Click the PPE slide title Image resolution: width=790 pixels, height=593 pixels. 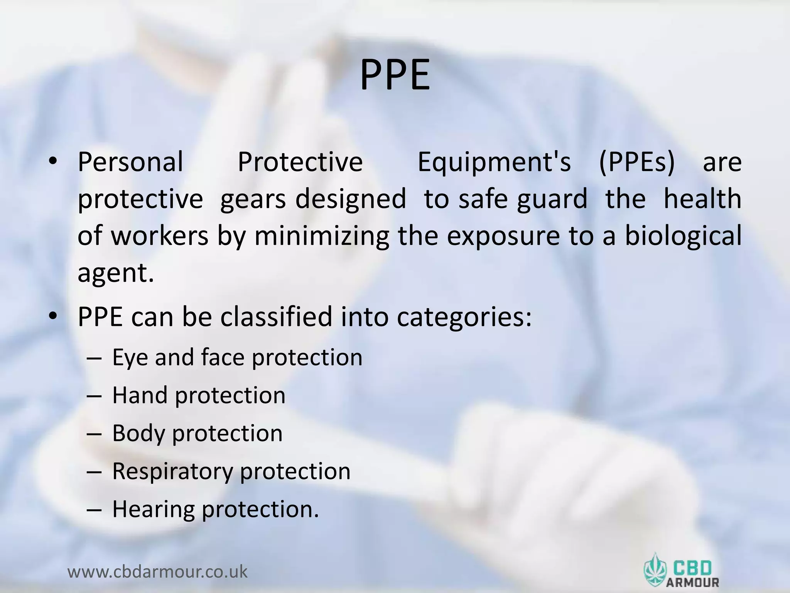tap(395, 75)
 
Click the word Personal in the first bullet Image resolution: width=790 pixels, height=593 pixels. tap(130, 162)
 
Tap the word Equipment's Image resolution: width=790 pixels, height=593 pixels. tap(494, 163)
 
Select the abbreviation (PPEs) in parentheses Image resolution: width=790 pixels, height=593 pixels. tap(637, 163)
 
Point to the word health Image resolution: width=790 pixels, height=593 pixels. tap(702, 199)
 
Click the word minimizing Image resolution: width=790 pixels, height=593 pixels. tap(321, 236)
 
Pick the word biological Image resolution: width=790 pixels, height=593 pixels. tap(683, 237)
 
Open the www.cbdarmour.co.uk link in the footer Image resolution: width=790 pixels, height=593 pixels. tap(157, 571)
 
